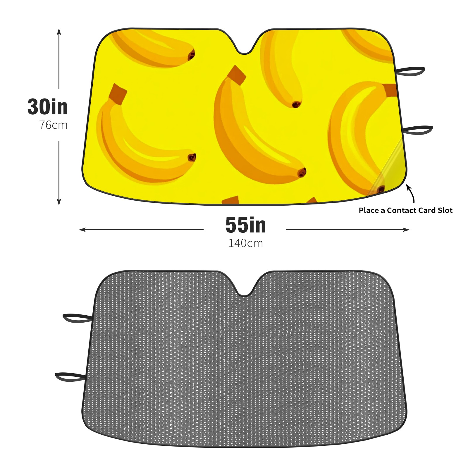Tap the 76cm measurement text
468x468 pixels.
coord(54,125)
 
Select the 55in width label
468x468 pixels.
coord(246,225)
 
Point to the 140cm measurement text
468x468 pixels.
coord(246,243)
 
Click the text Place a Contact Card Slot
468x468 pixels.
coord(405,210)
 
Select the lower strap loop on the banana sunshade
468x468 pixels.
coord(417,130)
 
